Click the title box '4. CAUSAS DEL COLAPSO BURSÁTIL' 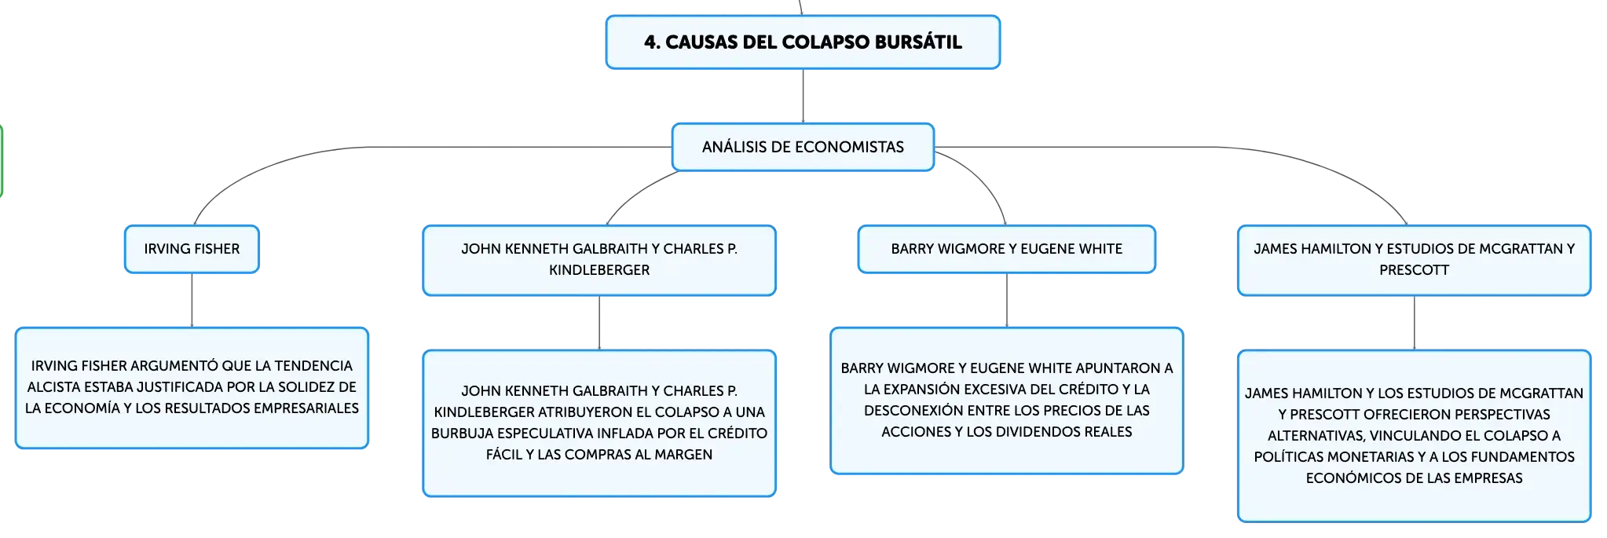(x=803, y=42)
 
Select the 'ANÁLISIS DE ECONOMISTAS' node (x=803, y=147)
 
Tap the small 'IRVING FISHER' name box (x=192, y=249)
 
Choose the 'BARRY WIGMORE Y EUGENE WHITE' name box (x=1007, y=249)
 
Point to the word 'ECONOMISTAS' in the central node (x=849, y=147)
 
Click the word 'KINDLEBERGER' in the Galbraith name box (x=599, y=270)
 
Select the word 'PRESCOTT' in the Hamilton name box (x=1414, y=270)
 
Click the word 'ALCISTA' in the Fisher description (x=53, y=387)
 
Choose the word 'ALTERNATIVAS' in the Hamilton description (x=1316, y=436)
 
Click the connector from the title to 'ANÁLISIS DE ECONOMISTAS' (x=803, y=96)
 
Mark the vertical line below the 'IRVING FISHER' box (x=192, y=300)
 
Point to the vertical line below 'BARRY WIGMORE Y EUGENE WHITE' (x=1007, y=300)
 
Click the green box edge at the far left (x=2, y=161)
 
